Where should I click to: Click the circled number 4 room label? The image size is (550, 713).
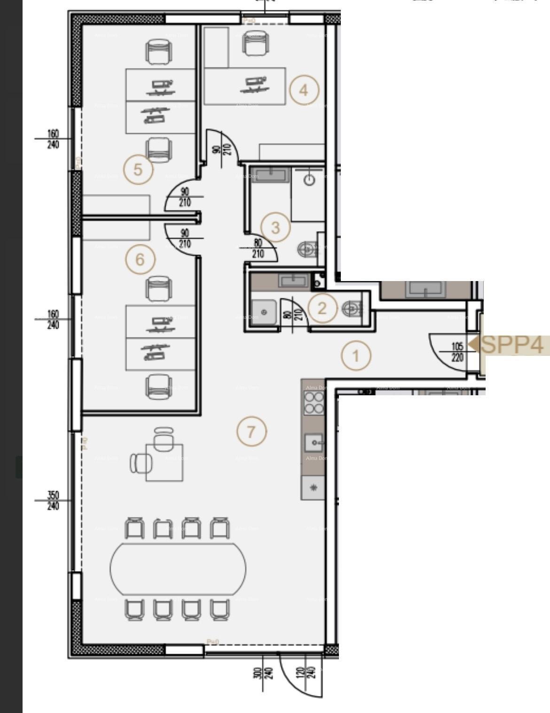click(304, 90)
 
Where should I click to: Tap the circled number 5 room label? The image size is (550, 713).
click(138, 169)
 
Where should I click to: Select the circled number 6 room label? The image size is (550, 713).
click(140, 259)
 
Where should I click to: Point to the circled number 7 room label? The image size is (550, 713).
click(251, 431)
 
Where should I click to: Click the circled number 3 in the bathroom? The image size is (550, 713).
click(275, 227)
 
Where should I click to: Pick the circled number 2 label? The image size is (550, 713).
click(322, 308)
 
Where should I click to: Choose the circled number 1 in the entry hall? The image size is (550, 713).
click(356, 356)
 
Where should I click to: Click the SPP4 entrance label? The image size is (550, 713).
click(512, 345)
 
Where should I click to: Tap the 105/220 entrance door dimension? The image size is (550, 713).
click(457, 352)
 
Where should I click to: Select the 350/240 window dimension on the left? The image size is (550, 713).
click(53, 501)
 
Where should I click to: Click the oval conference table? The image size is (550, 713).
click(178, 569)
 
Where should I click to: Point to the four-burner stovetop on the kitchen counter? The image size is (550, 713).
click(314, 403)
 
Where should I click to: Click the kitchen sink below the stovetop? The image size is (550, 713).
click(314, 442)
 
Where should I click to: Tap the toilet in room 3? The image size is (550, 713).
click(308, 249)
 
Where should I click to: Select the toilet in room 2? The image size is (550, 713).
click(352, 308)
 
